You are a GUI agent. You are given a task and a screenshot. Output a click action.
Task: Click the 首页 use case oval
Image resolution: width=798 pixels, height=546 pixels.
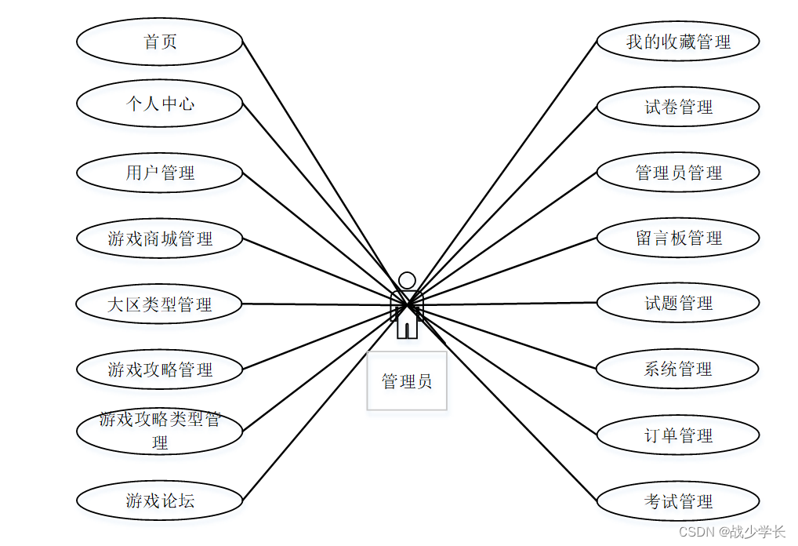click(160, 42)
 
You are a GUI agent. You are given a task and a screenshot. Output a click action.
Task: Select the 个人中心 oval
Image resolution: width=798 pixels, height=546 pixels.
click(160, 104)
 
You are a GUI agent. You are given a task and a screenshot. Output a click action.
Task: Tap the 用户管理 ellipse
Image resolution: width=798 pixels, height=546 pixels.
click(160, 173)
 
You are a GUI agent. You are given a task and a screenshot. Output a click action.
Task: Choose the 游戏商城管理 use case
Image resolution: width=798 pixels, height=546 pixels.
click(160, 238)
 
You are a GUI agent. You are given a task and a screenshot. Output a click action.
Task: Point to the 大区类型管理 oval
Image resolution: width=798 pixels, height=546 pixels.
click(160, 304)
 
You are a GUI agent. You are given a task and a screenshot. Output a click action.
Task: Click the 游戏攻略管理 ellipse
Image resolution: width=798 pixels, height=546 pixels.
click(160, 369)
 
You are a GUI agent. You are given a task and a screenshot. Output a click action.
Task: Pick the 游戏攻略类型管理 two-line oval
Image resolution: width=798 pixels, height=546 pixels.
click(160, 431)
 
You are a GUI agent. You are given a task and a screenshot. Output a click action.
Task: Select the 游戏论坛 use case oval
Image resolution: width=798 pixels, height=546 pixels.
click(160, 500)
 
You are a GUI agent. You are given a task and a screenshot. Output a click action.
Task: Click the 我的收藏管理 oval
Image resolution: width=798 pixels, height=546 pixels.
click(678, 42)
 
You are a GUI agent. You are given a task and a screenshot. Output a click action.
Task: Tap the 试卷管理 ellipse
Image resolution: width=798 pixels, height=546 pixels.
click(678, 107)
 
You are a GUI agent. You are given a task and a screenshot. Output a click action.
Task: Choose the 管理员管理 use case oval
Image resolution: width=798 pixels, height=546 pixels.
click(678, 173)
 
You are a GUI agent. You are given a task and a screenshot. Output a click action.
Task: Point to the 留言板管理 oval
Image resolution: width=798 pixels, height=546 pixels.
click(678, 238)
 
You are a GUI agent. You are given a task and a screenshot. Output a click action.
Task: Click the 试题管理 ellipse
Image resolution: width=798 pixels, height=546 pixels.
click(678, 303)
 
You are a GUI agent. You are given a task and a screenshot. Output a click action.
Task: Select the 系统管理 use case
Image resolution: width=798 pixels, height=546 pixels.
click(678, 369)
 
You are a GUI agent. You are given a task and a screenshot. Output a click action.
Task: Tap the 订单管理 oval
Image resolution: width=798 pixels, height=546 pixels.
click(678, 435)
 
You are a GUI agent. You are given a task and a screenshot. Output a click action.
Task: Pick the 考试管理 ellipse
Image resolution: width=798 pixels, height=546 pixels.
click(678, 500)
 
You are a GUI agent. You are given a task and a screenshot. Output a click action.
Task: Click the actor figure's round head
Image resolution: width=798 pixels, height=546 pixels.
click(407, 280)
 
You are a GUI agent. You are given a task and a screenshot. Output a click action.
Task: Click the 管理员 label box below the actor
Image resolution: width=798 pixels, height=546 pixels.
click(407, 381)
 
